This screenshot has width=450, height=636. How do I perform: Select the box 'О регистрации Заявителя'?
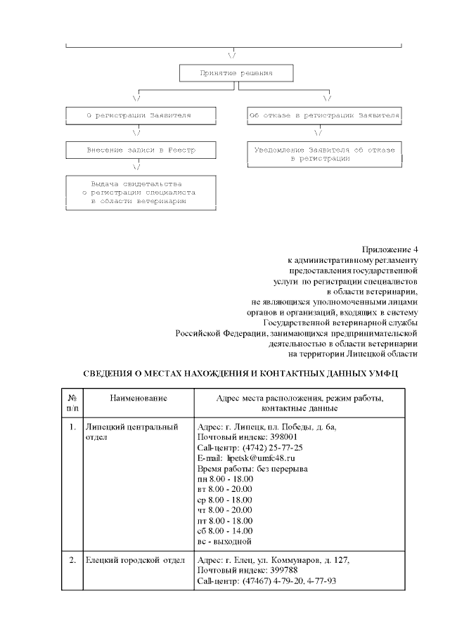138,114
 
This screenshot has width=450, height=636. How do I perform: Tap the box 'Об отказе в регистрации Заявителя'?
324,114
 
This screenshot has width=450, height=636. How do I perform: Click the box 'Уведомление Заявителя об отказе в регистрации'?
324,155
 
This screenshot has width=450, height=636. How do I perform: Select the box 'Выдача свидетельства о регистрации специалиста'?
138,192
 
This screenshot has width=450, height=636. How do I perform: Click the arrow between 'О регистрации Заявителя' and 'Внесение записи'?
137,132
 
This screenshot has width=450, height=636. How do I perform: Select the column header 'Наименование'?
138,399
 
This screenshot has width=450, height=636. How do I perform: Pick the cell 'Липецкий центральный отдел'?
130,431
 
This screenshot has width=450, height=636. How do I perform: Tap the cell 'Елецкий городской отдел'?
134,560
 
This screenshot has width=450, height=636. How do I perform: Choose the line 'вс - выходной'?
224,541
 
